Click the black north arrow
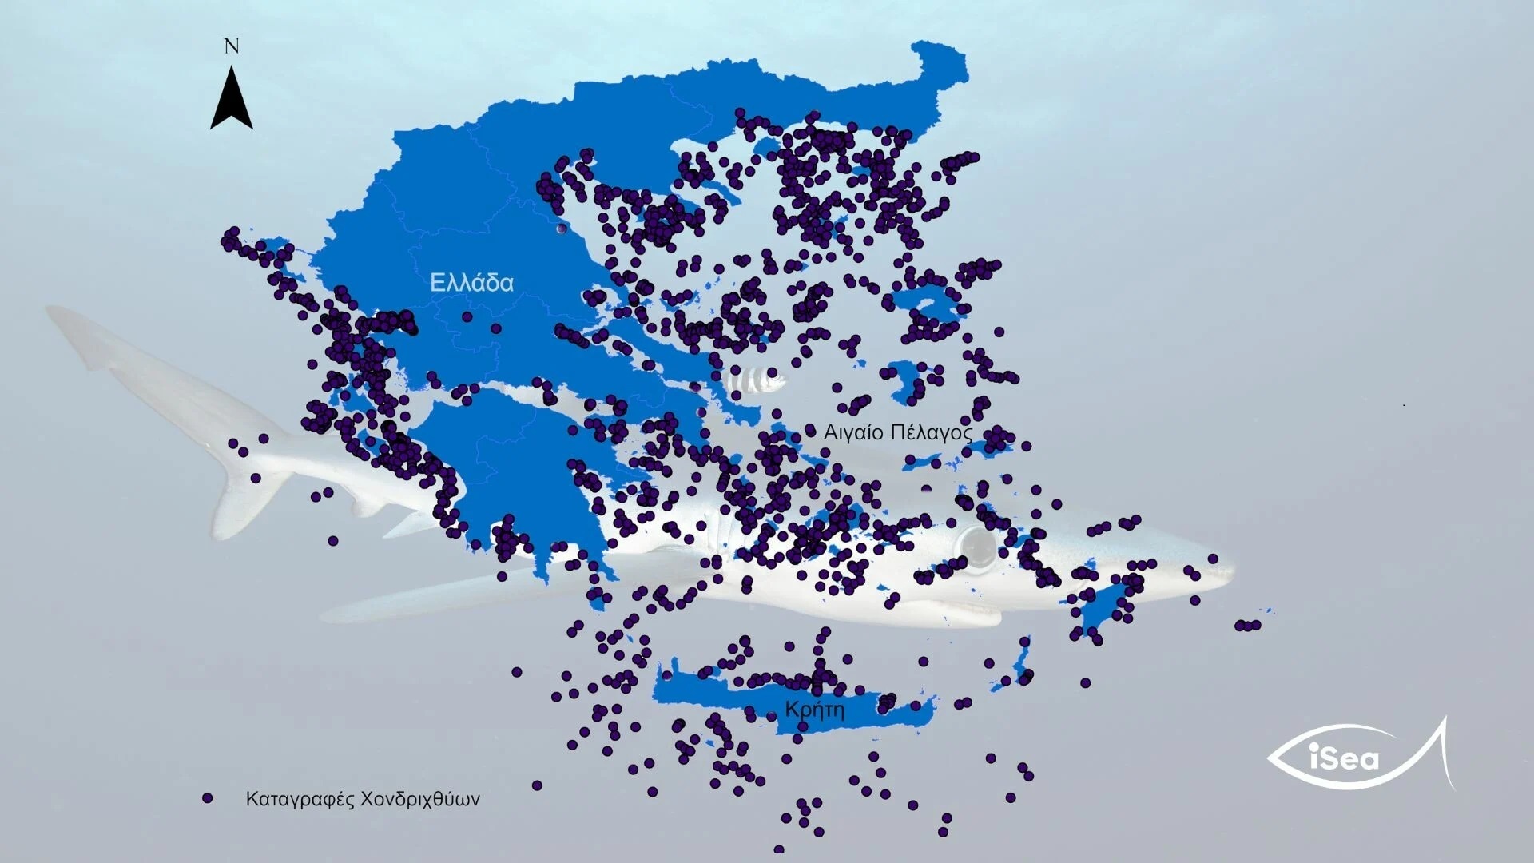[x=232, y=100]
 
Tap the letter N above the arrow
[x=232, y=46]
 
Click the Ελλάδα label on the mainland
[x=471, y=283]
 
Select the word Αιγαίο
[x=853, y=433]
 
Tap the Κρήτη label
[x=814, y=710]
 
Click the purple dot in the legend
[x=208, y=798]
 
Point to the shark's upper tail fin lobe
[x=88, y=336]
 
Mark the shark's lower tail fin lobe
[x=240, y=503]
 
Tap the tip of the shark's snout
[x=1230, y=569]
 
